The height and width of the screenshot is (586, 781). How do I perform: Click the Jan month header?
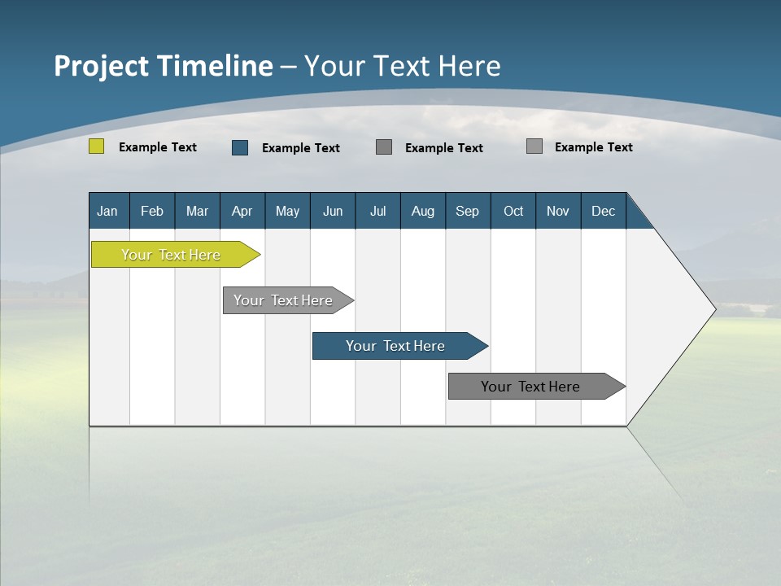click(108, 211)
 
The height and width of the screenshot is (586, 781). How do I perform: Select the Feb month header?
click(152, 211)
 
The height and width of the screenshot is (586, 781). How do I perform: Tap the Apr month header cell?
click(242, 211)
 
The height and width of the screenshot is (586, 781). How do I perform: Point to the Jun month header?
click(333, 211)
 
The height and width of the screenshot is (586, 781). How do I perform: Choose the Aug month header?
click(423, 211)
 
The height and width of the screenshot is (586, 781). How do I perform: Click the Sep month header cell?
click(468, 211)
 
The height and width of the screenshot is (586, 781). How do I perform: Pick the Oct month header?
click(513, 211)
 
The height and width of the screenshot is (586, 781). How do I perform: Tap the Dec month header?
click(604, 211)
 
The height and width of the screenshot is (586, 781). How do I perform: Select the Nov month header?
click(558, 211)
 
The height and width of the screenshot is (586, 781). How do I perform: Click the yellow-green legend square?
click(97, 146)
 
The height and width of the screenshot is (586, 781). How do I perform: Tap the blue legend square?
click(240, 147)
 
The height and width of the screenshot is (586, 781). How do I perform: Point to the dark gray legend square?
click(384, 146)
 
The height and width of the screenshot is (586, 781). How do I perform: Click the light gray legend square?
click(534, 146)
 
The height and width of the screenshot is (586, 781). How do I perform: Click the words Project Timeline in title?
click(163, 66)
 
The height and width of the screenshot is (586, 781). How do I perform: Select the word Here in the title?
click(469, 66)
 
